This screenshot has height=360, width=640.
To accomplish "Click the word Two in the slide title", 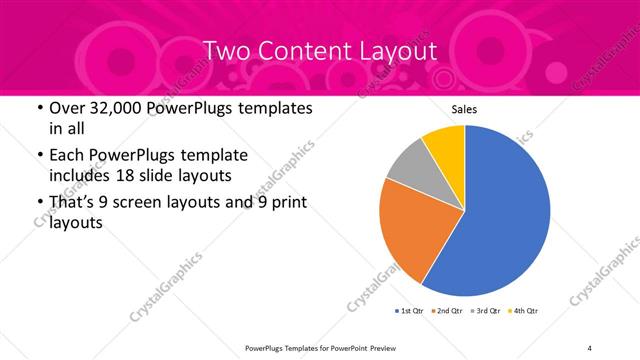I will click(x=228, y=50).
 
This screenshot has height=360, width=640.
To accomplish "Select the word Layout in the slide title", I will click(x=397, y=50).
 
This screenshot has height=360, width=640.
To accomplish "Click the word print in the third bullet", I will click(x=288, y=203).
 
